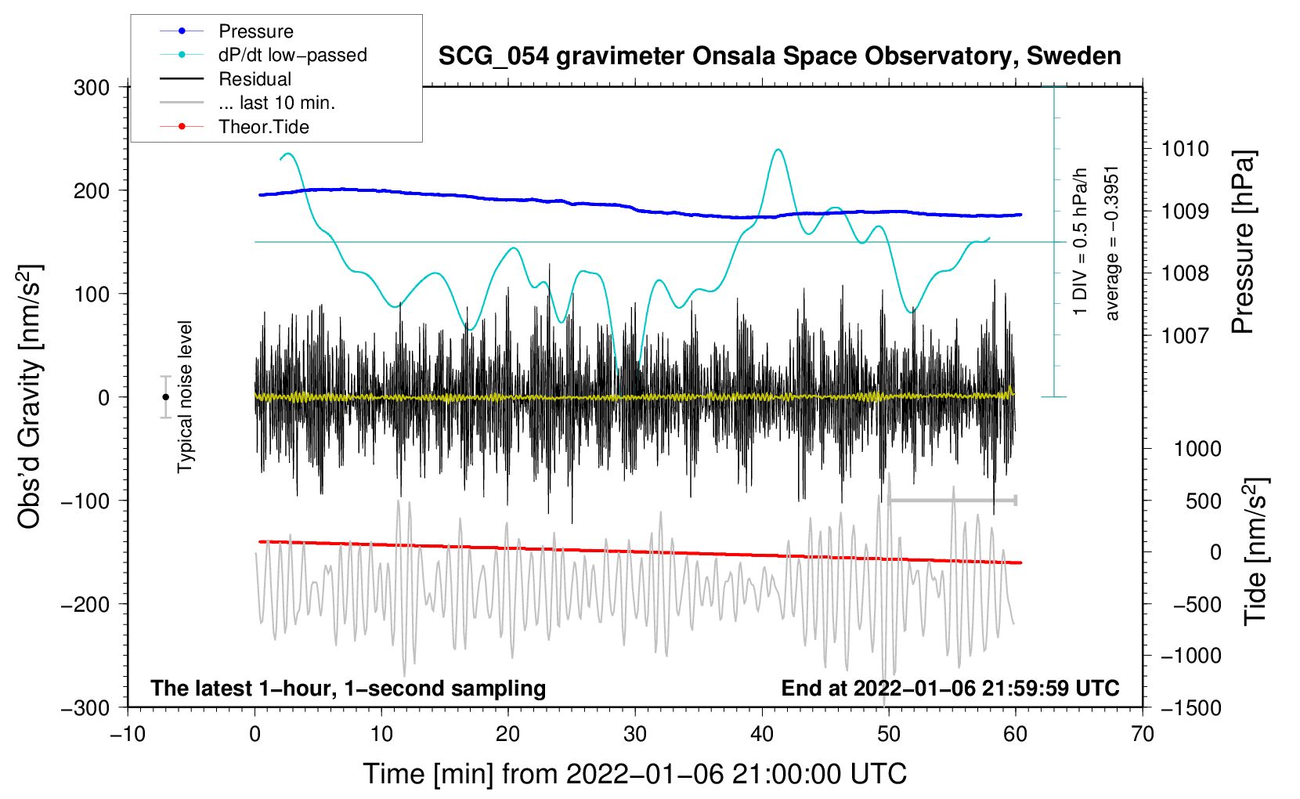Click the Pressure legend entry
tap(255, 31)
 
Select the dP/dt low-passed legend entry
tap(292, 55)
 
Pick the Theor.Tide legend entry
tap(263, 127)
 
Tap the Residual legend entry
tap(255, 79)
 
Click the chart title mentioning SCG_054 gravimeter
tap(779, 56)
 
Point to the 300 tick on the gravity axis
tap(92, 88)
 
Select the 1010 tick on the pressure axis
tap(1185, 149)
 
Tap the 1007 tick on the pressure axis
tap(1185, 335)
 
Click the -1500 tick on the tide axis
tap(1190, 707)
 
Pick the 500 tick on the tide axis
tap(1203, 501)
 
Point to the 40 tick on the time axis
tap(762, 734)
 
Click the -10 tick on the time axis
tap(128, 734)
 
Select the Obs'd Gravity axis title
tap(30, 396)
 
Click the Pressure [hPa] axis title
tap(1243, 242)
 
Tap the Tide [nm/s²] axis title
tap(1255, 551)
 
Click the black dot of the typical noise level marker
tap(165, 397)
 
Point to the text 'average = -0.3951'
tap(1112, 243)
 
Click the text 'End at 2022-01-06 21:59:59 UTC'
tap(950, 688)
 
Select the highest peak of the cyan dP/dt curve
tap(778, 150)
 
